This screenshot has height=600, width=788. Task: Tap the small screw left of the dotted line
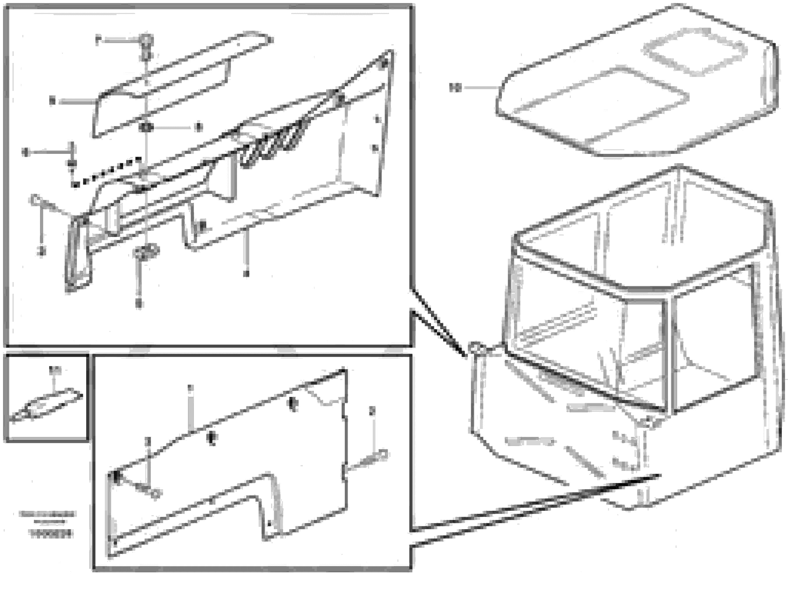pyautogui.click(x=72, y=163)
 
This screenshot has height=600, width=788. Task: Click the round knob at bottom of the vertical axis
pyautogui.click(x=146, y=251)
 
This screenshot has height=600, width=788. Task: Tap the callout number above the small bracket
pyautogui.click(x=55, y=370)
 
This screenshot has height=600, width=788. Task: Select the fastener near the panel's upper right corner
pyautogui.click(x=293, y=404)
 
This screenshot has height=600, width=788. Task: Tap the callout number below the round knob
pyautogui.click(x=139, y=304)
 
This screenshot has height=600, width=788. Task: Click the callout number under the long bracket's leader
pyautogui.click(x=245, y=273)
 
